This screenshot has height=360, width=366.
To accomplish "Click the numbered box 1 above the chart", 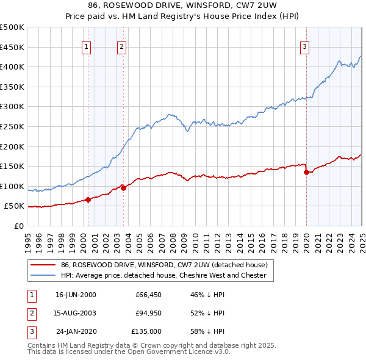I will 86,46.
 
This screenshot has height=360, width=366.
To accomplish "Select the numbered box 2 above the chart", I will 121,46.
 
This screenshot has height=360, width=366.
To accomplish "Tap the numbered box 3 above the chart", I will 304,46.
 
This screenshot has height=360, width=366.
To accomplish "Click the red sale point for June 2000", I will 88,199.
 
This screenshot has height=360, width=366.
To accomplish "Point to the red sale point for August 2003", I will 123,188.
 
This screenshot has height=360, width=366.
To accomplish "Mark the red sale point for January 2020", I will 306,172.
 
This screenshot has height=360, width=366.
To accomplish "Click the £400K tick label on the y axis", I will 12,67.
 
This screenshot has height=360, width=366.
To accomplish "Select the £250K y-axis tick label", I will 12,126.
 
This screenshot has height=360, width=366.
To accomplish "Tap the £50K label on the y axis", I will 14,206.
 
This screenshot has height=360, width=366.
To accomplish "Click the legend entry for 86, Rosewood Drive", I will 164,265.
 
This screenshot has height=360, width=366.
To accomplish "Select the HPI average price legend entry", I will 163,275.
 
